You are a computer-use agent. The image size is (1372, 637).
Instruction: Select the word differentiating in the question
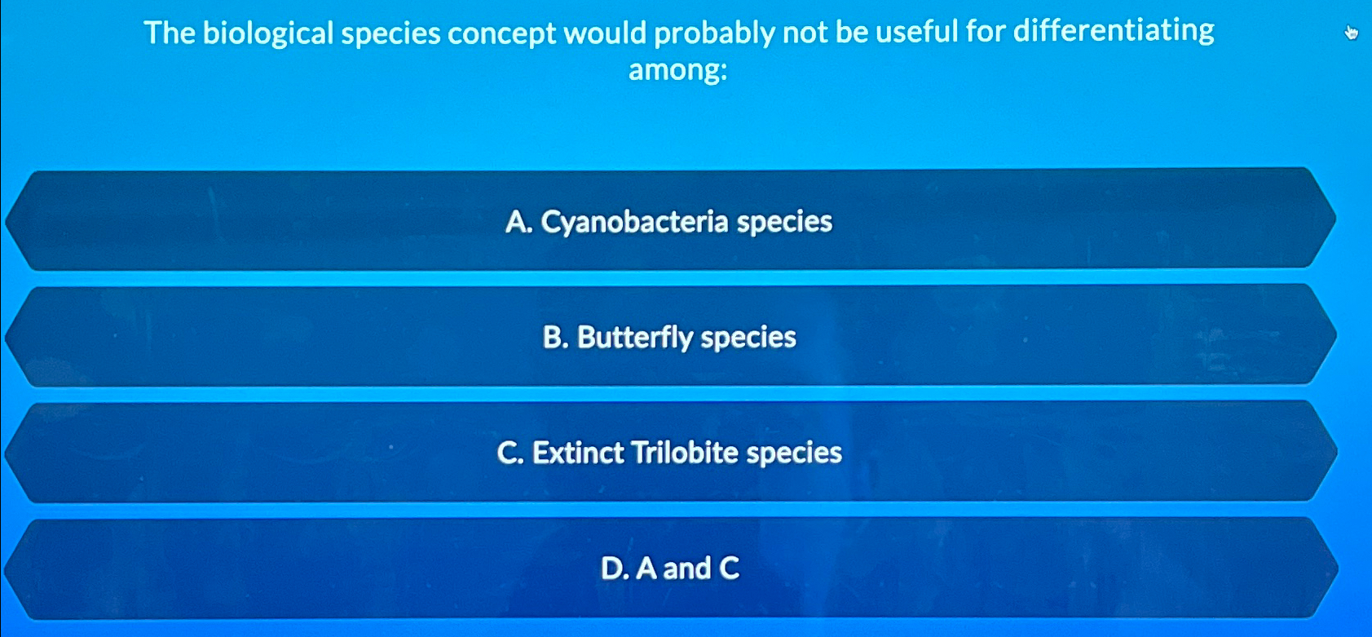pos(1114,31)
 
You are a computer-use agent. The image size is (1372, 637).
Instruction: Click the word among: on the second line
pos(677,70)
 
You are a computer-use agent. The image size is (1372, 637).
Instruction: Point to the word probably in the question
pos(713,33)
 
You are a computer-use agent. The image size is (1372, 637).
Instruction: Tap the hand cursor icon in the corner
pos(1351,33)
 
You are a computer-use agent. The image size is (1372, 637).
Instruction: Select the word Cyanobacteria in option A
pos(634,222)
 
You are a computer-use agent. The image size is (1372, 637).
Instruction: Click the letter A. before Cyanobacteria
pos(518,222)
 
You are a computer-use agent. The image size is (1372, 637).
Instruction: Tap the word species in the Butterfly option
pos(748,337)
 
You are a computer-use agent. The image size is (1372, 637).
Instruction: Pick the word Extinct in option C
pos(578,453)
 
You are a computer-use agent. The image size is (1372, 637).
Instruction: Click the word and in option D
pos(686,568)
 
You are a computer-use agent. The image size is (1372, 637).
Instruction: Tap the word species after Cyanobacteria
pos(784,222)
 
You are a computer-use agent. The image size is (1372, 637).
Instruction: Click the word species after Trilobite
pos(794,453)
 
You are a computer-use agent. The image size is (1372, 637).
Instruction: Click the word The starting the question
pos(170,33)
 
